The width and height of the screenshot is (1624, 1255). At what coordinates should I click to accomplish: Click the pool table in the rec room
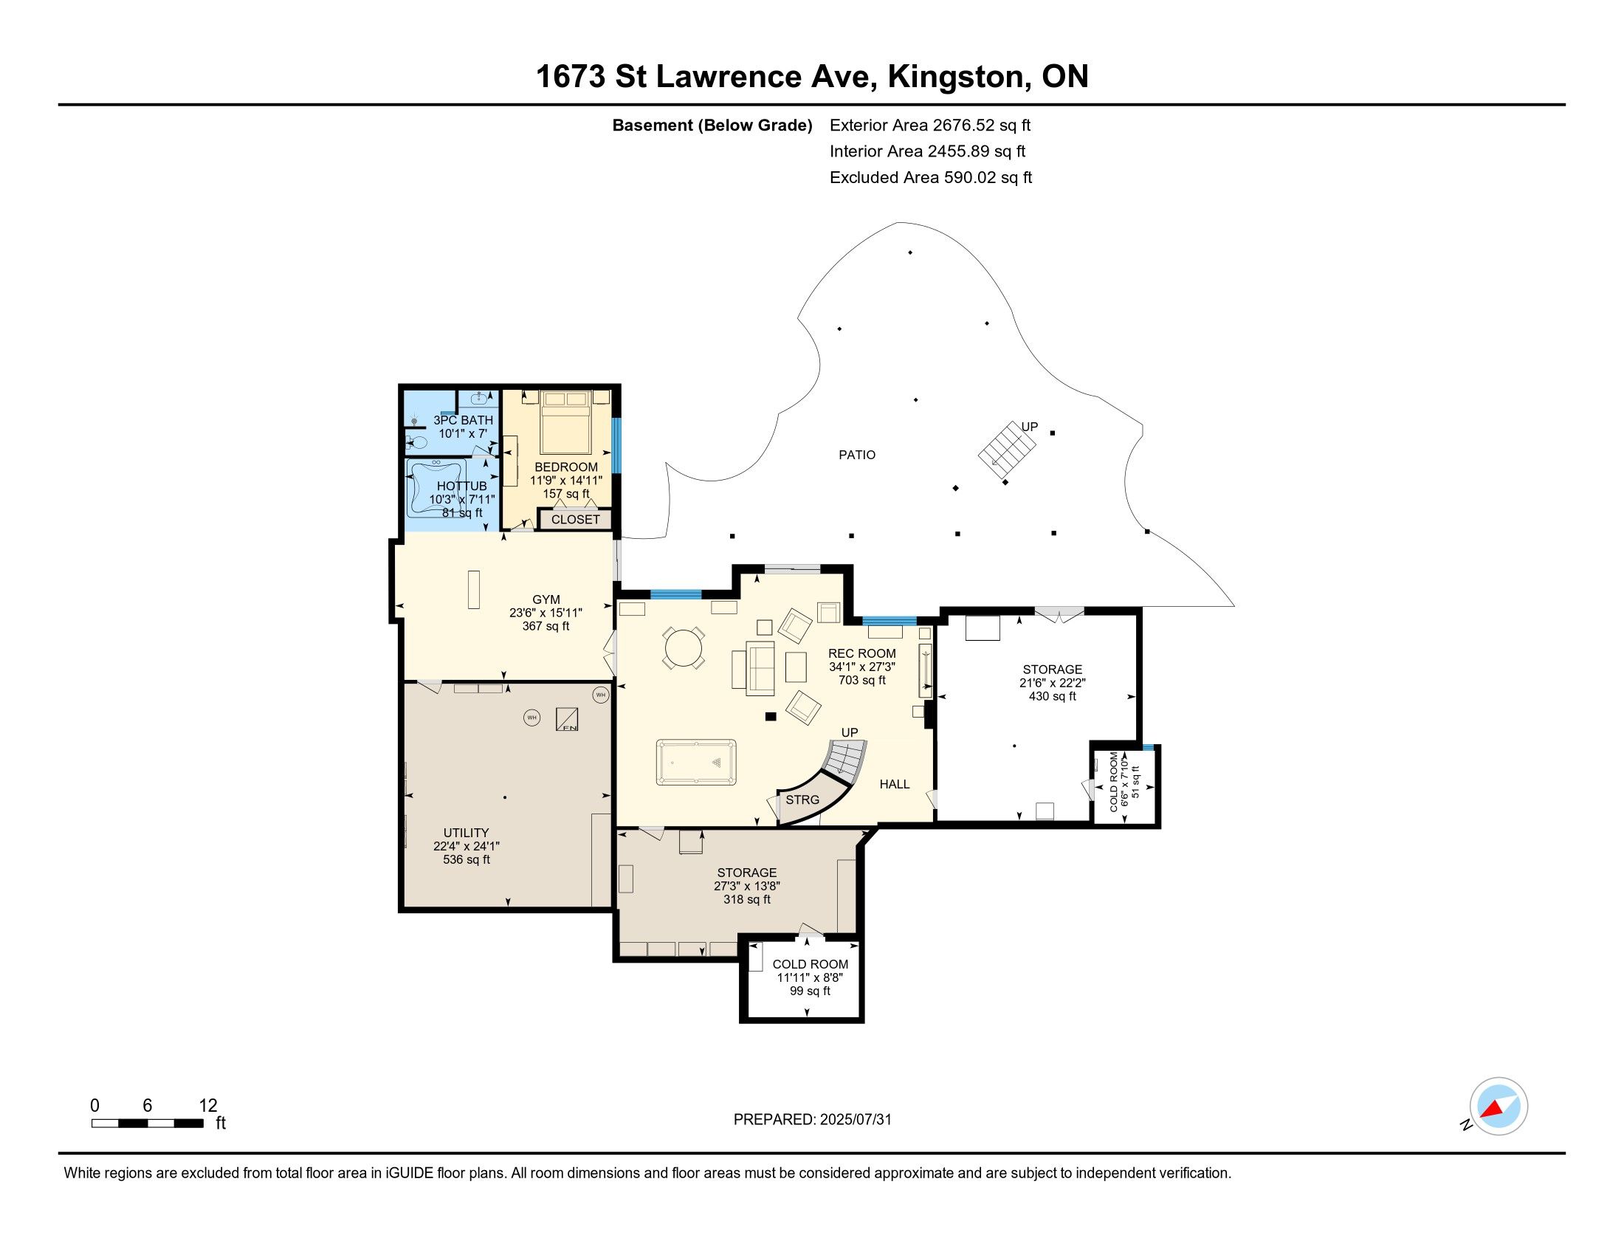point(696,762)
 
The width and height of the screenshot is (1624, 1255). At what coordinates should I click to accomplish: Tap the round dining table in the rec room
point(684,649)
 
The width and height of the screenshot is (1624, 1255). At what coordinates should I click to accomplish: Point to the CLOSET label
point(576,520)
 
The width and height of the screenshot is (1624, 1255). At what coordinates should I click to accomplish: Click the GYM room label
point(546,599)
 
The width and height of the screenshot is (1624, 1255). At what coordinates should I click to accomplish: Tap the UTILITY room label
point(467,833)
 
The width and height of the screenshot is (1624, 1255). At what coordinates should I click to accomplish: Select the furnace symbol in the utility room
point(568,718)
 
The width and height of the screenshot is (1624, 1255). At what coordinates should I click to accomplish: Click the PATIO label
point(857,455)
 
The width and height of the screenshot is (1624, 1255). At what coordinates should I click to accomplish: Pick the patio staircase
point(1007,450)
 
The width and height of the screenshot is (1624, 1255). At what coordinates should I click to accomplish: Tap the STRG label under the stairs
point(802,800)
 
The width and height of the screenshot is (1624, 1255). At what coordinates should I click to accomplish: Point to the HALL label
point(895,784)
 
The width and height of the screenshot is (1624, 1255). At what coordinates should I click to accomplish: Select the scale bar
point(148,1124)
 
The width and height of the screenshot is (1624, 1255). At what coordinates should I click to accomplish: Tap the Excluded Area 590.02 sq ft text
point(931,178)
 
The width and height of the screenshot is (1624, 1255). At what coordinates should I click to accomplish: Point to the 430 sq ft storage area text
point(1052,697)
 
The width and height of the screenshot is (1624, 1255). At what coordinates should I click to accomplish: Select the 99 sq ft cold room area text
point(810,991)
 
